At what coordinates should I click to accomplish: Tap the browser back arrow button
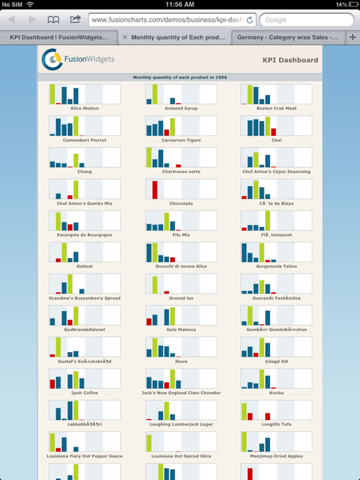tap(11, 20)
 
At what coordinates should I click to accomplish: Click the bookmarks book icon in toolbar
tap(53, 20)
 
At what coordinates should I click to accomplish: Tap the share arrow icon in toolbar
tap(75, 20)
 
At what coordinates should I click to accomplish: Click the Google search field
tap(306, 20)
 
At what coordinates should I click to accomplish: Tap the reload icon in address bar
tap(250, 20)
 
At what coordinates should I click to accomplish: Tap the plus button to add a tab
tap(353, 37)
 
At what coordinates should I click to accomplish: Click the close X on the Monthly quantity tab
tap(125, 37)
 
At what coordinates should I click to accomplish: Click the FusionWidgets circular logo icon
tap(51, 59)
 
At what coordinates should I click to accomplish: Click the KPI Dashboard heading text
tap(290, 60)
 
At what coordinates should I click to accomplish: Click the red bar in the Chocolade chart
tap(155, 190)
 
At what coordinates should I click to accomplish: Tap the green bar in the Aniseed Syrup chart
tap(155, 94)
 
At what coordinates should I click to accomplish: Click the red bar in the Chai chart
tap(274, 132)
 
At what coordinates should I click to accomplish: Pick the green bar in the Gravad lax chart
tap(155, 284)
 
